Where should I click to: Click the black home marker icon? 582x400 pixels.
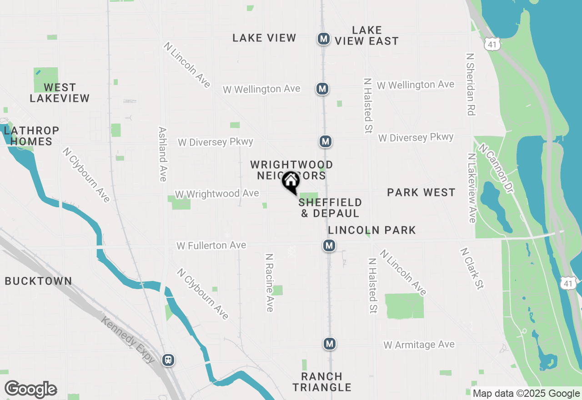pyautogui.click(x=291, y=182)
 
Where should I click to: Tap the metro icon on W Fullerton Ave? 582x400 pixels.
pyautogui.click(x=329, y=246)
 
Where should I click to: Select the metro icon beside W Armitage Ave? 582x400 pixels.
pyautogui.click(x=330, y=344)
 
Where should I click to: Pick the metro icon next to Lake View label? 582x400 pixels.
pyautogui.click(x=323, y=39)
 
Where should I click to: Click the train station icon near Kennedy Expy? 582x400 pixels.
pyautogui.click(x=168, y=360)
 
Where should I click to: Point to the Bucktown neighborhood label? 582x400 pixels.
pyautogui.click(x=39, y=281)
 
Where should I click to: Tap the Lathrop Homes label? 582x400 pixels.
pyautogui.click(x=31, y=136)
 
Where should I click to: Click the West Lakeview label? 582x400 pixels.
pyautogui.click(x=60, y=92)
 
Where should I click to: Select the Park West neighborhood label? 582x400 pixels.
pyautogui.click(x=421, y=192)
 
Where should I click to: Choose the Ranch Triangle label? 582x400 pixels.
pyautogui.click(x=322, y=382)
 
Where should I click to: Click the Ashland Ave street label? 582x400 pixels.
pyautogui.click(x=162, y=154)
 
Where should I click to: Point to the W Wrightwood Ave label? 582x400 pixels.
pyautogui.click(x=217, y=194)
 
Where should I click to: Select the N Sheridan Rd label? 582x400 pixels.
pyautogui.click(x=471, y=84)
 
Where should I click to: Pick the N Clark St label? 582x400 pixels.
pyautogui.click(x=472, y=268)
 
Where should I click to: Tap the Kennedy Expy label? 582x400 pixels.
pyautogui.click(x=129, y=340)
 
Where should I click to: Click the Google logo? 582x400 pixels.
pyautogui.click(x=31, y=390)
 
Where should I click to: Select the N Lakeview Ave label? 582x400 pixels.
pyautogui.click(x=472, y=188)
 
